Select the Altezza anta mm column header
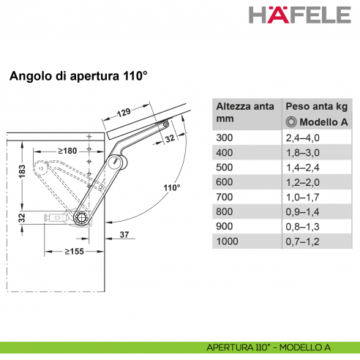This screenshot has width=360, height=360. (244, 112)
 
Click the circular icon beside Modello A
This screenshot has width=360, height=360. (290, 121)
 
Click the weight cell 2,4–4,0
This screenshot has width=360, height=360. (304, 137)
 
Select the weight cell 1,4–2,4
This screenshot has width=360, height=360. (304, 167)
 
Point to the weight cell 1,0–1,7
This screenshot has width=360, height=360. (304, 197)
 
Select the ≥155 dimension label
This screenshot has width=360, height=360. (73, 251)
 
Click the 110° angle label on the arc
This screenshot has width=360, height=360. (171, 188)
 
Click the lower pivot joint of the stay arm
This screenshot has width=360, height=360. (81, 217)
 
